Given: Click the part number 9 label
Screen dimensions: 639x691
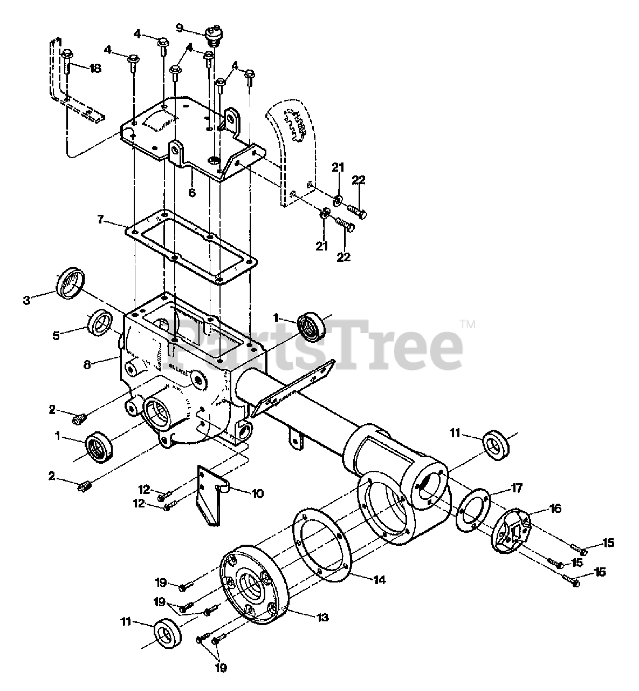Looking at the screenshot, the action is point(180,28).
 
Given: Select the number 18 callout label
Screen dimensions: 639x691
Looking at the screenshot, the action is point(95,69).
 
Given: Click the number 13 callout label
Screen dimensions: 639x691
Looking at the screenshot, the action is point(322,617).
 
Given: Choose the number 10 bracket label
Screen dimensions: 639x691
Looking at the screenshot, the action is point(257,493).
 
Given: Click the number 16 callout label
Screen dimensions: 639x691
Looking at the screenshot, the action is point(555,509).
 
